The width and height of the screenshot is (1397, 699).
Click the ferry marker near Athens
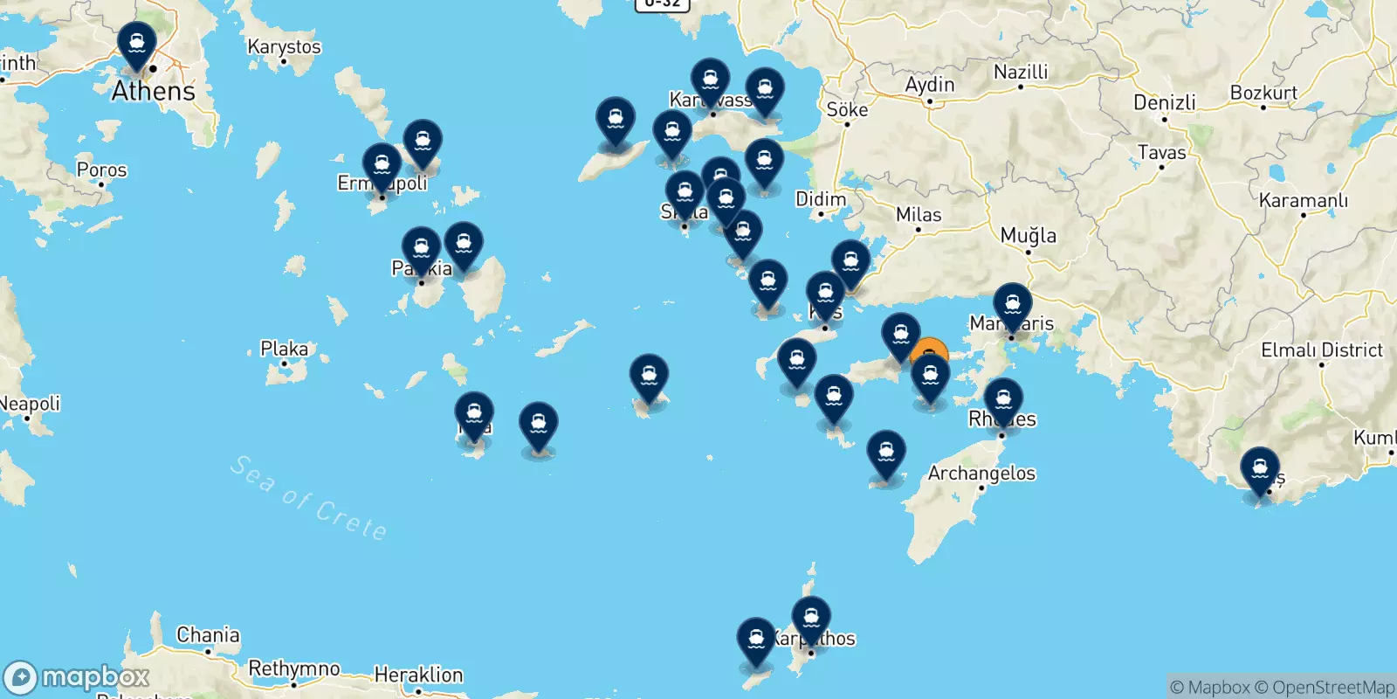point(137,44)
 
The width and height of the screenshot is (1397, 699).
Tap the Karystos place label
point(284,47)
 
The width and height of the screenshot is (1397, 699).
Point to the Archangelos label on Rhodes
point(981,474)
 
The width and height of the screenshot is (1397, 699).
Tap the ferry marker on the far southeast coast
point(1260,470)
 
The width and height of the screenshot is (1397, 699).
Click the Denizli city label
point(1165,102)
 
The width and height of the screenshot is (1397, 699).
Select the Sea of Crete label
point(308,499)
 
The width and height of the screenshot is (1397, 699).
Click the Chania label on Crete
point(208,635)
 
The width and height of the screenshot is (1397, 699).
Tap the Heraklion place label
point(418,675)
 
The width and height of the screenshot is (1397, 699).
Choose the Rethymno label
point(294,668)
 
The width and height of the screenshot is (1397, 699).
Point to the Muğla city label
point(1028,235)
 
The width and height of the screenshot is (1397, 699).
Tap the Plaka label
point(284,349)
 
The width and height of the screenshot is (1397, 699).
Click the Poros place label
point(101,170)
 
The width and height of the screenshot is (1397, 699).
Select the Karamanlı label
point(1303,201)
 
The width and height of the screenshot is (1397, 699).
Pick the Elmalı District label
point(1322,350)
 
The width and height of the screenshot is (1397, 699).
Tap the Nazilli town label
point(1021,72)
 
